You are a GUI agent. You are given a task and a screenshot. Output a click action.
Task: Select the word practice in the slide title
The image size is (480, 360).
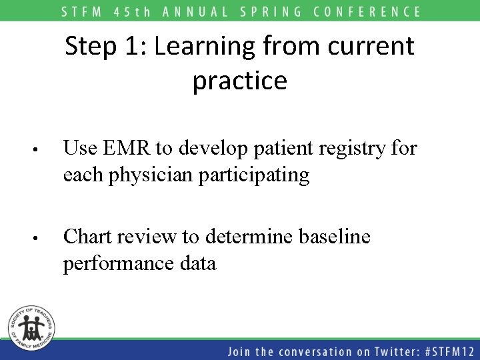pos(240,81)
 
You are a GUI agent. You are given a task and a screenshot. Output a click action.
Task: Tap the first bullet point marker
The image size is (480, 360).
pos(41,150)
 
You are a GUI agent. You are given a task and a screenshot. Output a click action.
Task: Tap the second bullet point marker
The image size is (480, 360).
pos(41,239)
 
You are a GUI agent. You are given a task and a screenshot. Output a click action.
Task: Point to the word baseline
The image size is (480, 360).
pos(331,237)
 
